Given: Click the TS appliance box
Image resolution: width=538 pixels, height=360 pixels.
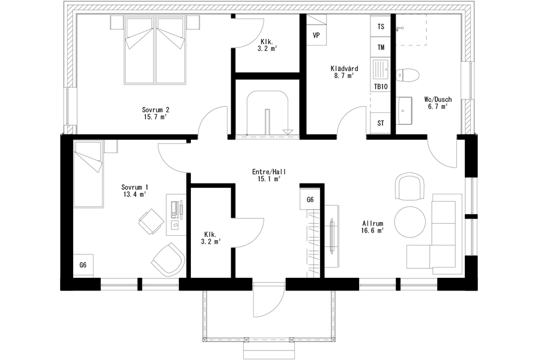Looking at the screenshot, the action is (x=381, y=26).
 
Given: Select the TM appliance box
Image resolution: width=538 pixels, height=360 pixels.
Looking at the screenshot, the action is (x=381, y=47).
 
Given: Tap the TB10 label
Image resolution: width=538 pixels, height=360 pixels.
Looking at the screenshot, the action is (x=381, y=86).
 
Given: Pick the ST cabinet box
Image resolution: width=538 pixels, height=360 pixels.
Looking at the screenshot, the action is (x=381, y=123).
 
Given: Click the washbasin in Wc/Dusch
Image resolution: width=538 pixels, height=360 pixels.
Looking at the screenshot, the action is (x=404, y=110).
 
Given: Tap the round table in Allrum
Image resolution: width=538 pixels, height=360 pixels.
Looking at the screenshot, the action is (x=410, y=221).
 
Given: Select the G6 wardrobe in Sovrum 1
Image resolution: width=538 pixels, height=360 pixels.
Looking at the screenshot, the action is (x=83, y=265).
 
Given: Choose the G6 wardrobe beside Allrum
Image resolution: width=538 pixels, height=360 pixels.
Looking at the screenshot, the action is (x=310, y=200).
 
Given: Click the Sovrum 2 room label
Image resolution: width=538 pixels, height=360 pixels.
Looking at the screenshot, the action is (x=156, y=110).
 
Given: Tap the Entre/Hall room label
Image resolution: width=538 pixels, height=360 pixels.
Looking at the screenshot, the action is (x=269, y=172).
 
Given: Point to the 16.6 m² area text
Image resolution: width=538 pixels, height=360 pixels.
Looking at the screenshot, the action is (x=372, y=230).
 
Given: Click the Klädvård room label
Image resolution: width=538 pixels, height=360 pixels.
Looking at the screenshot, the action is (x=344, y=68).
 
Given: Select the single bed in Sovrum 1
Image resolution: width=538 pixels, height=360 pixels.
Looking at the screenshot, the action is (x=88, y=173).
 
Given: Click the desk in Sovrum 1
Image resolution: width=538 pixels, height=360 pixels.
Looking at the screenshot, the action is (x=177, y=215).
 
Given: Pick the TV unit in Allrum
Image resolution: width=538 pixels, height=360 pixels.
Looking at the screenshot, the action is (x=332, y=236).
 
